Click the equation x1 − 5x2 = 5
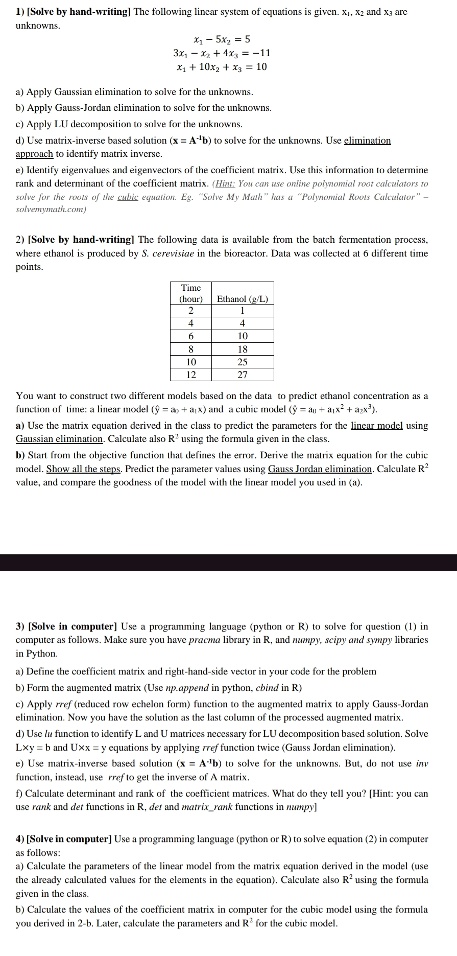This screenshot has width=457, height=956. [x=222, y=39]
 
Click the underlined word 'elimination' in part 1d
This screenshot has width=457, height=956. [x=367, y=141]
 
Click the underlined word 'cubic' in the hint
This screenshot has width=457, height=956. [x=128, y=197]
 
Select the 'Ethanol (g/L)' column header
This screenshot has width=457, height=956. [x=242, y=299]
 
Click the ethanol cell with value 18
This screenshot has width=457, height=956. [x=243, y=349]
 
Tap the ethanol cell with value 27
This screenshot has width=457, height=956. [x=243, y=375]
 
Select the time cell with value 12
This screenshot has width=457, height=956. [x=191, y=375]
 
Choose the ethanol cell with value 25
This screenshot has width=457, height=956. [x=243, y=362]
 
